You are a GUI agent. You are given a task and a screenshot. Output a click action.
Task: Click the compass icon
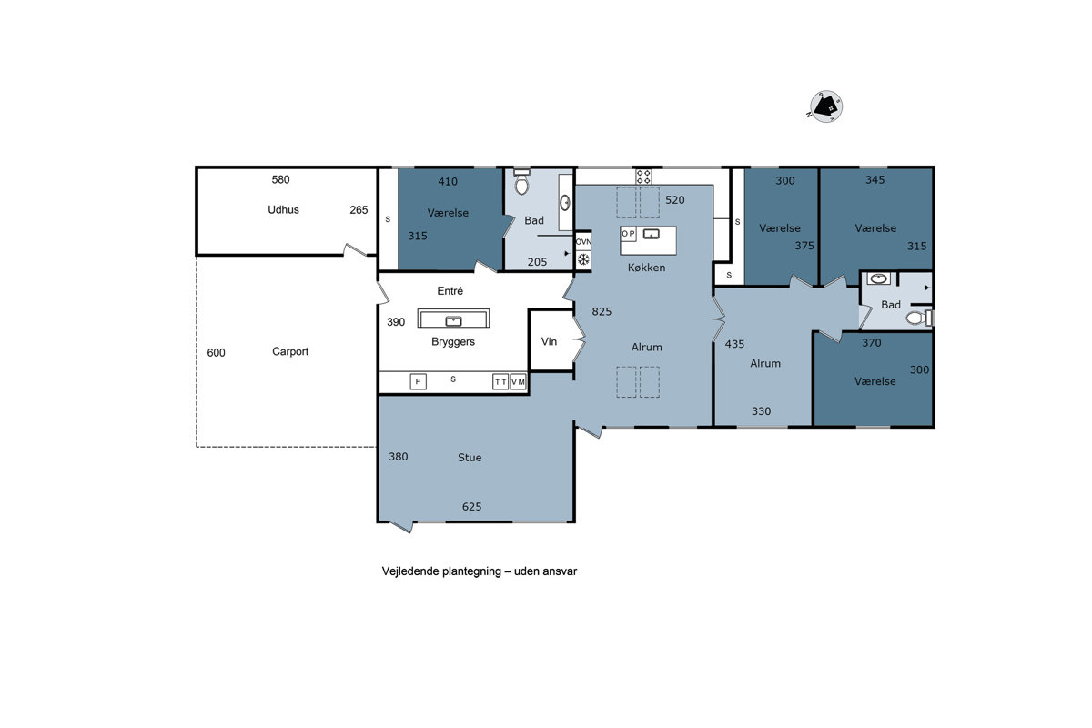825,106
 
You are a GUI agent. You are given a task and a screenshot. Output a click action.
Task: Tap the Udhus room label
283,209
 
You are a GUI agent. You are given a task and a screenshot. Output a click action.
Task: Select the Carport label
290,351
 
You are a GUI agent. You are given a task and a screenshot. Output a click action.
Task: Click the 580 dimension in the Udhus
281,179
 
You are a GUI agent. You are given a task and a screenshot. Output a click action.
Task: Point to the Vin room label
549,341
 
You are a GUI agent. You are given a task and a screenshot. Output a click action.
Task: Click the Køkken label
646,268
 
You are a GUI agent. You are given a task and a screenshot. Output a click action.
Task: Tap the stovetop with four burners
643,177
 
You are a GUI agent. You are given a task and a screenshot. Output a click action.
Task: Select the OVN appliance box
583,241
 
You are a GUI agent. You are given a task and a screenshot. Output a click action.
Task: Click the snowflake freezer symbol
583,259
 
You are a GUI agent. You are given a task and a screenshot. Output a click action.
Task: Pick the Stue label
470,458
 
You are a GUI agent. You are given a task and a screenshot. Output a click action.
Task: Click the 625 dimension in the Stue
472,507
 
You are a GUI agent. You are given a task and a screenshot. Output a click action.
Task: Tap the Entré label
450,291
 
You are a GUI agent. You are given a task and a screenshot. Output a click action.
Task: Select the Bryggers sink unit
453,318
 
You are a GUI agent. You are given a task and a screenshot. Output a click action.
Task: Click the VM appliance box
518,382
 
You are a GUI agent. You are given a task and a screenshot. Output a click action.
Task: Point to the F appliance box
419,382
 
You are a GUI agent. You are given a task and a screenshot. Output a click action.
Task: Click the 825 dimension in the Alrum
602,311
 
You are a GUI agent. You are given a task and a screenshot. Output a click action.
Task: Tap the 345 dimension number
875,179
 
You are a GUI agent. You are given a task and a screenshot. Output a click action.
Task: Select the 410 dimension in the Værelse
448,182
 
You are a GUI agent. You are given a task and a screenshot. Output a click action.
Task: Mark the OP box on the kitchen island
629,234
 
